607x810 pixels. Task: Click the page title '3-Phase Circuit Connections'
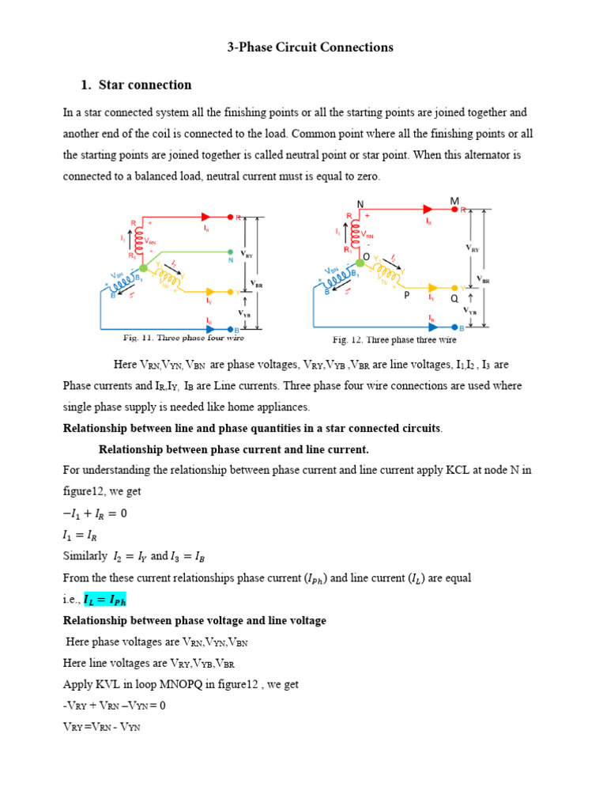point(310,47)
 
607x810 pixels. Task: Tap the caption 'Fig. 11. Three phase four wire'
point(183,339)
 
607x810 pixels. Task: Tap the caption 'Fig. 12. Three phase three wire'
point(394,340)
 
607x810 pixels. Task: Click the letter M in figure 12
point(454,202)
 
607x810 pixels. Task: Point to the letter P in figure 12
point(406,295)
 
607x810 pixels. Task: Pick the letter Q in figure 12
point(454,299)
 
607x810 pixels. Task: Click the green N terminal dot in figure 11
point(230,252)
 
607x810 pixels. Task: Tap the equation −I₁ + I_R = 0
point(95,513)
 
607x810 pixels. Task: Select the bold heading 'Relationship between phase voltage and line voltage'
point(194,621)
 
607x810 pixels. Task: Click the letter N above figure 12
point(360,204)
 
